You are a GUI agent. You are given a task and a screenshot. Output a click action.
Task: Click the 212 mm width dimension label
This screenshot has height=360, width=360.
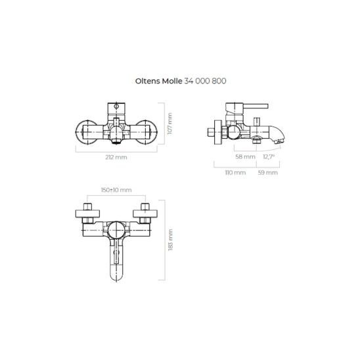tap(116, 157)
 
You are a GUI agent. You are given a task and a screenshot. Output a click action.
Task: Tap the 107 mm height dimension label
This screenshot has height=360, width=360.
tap(169, 124)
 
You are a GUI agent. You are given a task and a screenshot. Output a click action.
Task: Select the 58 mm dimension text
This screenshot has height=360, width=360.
tap(245, 157)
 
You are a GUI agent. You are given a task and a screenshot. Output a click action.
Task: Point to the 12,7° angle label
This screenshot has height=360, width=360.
tap(269, 157)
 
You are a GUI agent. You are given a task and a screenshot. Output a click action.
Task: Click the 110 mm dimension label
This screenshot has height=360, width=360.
tap(235, 172)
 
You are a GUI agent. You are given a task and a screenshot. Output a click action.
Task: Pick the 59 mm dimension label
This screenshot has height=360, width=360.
tap(268, 172)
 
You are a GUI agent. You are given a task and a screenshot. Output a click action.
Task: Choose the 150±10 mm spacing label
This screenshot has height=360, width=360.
tap(116, 190)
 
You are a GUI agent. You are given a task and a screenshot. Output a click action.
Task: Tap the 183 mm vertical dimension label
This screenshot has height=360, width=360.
tap(170, 240)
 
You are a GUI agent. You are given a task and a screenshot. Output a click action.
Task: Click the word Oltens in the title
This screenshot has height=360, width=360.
tap(148, 81)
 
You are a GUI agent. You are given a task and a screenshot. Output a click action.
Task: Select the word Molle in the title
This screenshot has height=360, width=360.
tap(172, 81)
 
